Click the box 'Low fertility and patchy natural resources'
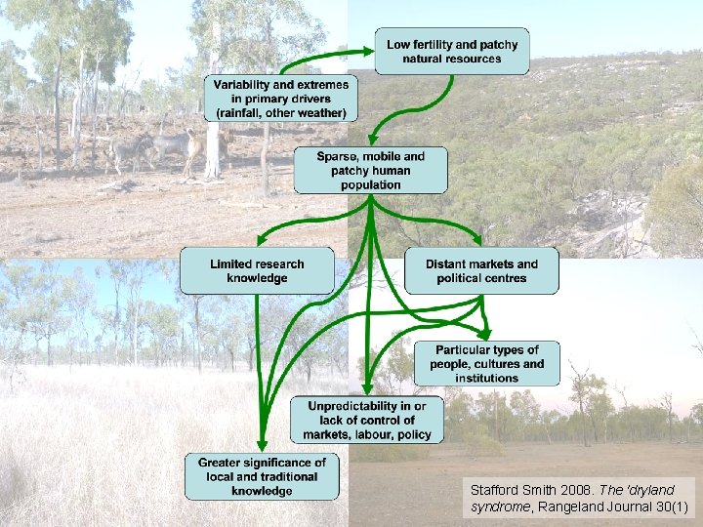pyautogui.click(x=452, y=52)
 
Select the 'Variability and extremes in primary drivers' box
pyautogui.click(x=281, y=99)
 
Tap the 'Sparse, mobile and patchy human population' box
pyautogui.click(x=371, y=170)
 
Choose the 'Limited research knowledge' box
pyautogui.click(x=257, y=271)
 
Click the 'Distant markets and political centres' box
pyautogui.click(x=481, y=271)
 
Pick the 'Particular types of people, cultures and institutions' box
pyautogui.click(x=487, y=363)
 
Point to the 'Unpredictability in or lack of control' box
pyautogui.click(x=366, y=420)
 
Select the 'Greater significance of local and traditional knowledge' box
pyautogui.click(x=262, y=476)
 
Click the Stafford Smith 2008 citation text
pyautogui.click(x=580, y=498)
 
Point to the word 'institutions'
pyautogui.click(x=487, y=378)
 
